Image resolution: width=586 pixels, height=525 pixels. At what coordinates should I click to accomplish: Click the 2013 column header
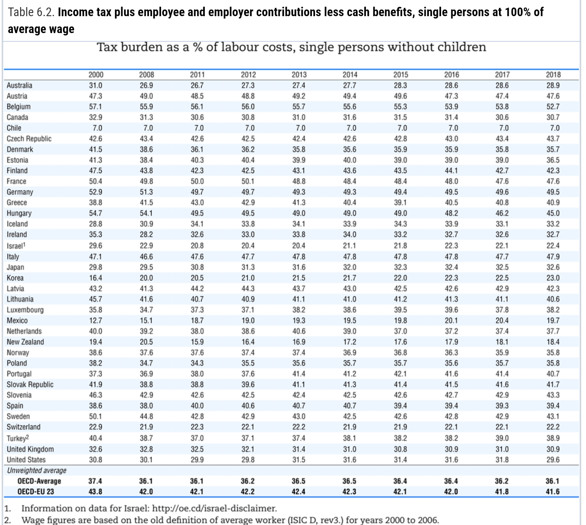coord(299,75)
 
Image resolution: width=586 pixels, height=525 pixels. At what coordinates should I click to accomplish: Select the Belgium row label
coord(19,106)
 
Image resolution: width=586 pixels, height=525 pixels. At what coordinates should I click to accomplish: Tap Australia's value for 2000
coord(95,86)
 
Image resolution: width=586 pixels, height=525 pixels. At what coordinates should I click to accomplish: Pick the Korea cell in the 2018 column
coord(553,278)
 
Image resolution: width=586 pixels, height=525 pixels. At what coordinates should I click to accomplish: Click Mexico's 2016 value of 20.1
coord(451,320)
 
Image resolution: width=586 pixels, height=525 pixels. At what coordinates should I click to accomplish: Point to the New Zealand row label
coord(26,342)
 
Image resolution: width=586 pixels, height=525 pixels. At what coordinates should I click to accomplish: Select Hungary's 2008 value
coord(146,213)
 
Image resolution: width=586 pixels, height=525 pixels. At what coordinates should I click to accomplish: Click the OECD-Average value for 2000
coord(95,481)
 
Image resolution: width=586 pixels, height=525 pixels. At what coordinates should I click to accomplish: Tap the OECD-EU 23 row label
coord(35,491)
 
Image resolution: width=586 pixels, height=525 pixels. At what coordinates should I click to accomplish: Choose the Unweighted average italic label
coord(37,470)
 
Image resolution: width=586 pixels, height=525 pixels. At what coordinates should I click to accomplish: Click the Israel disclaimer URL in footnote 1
coord(214,508)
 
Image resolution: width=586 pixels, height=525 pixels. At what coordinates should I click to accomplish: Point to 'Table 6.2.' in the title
coord(31,12)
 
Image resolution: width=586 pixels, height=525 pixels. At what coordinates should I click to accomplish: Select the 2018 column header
coord(553,75)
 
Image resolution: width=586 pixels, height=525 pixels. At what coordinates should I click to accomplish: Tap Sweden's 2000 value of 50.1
coord(95,416)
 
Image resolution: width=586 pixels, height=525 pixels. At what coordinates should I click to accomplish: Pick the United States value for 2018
coord(553,460)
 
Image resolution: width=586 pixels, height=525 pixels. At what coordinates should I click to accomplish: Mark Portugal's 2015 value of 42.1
coord(400,374)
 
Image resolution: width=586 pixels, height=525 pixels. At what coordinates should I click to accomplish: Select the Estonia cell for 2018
coord(553,160)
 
